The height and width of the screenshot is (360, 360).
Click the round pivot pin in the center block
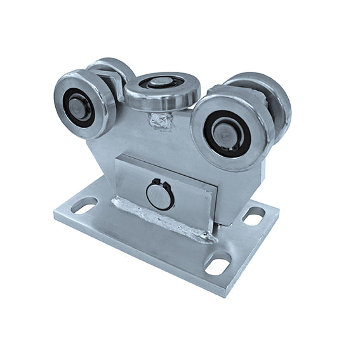pos(160,194)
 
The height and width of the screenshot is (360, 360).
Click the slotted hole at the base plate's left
pos(84,205)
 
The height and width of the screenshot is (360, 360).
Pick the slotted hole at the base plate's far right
pos(255,215)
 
